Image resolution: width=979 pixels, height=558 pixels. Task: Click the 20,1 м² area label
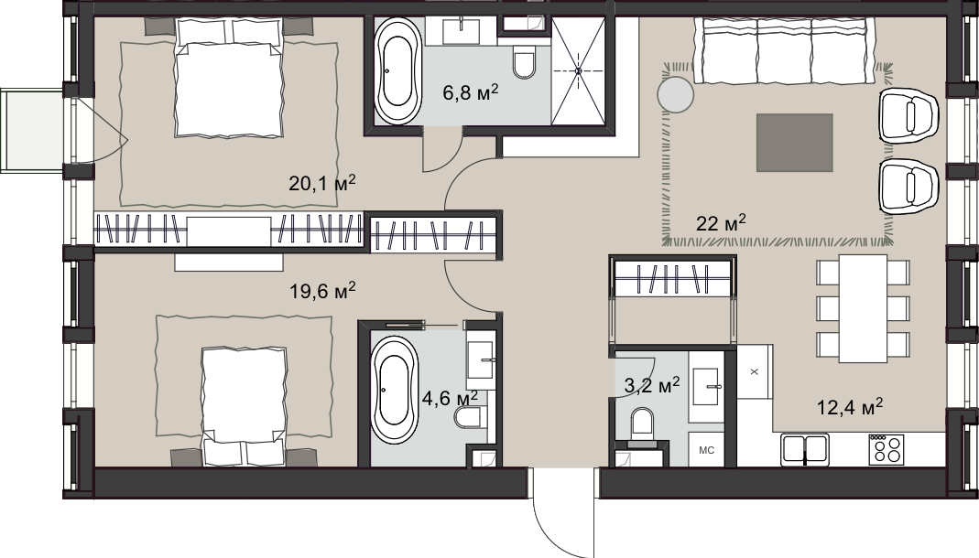point(322,183)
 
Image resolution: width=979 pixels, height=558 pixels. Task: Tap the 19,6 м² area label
point(322,291)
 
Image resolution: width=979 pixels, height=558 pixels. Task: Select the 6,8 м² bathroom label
point(471,93)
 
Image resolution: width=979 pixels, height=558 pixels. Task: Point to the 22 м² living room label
point(721,222)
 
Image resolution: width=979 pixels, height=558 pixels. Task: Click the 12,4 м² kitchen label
point(850,408)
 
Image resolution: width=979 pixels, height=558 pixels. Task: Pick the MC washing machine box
point(707,450)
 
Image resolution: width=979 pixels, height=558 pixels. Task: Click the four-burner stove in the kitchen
point(886,449)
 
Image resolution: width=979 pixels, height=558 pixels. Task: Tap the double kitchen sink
point(805,450)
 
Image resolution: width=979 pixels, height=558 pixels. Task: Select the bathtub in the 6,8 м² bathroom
point(399,70)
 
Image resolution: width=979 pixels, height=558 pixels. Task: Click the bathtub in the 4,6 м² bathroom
point(395,391)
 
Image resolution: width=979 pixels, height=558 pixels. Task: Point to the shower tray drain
point(578,71)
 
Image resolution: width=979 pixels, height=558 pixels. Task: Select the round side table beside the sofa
point(676,95)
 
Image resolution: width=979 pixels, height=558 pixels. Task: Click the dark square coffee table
point(795,143)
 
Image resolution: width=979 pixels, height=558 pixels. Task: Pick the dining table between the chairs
point(863,308)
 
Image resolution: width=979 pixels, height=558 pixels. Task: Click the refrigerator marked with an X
point(755,372)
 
